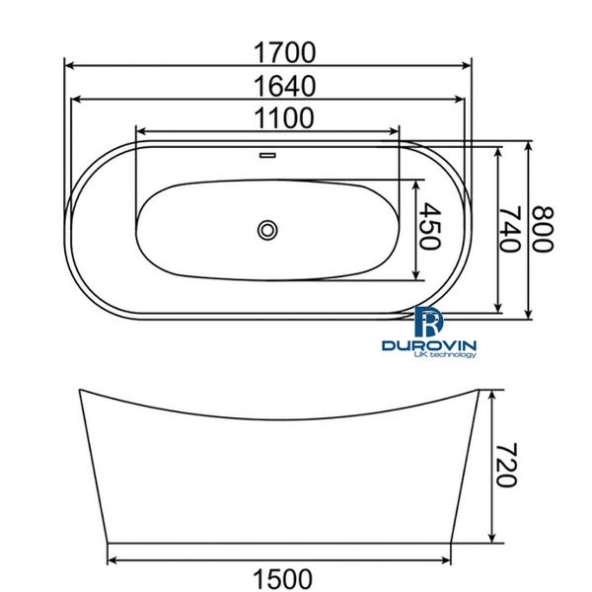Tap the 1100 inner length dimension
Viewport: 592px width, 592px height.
click(x=269, y=118)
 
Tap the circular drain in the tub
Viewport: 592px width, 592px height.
click(x=267, y=231)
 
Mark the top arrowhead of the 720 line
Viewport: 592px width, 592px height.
click(x=490, y=393)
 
